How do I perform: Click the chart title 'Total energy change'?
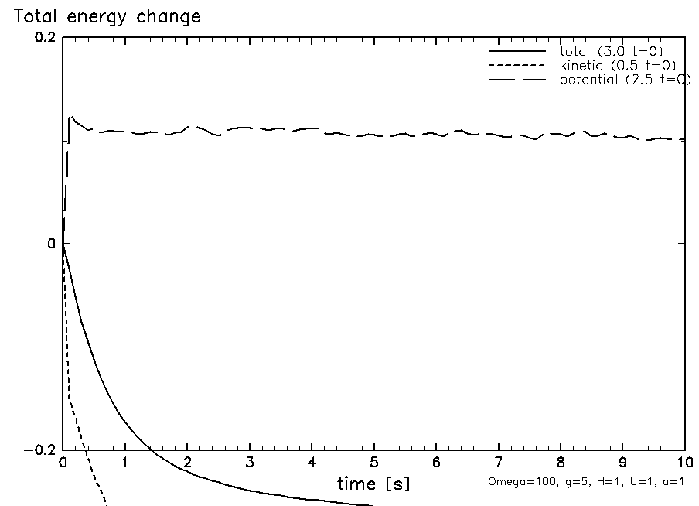click(103, 17)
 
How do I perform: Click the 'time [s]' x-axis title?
click(373, 484)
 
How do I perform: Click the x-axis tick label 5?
click(374, 463)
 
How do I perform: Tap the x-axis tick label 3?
click(250, 463)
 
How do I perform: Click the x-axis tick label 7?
click(499, 463)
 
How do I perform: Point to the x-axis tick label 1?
click(125, 463)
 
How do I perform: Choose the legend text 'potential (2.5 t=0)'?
click(625, 80)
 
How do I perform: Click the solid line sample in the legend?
click(517, 51)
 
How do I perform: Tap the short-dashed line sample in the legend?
click(517, 65)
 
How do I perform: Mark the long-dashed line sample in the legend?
click(517, 80)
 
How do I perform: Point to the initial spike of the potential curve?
click(71, 117)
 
